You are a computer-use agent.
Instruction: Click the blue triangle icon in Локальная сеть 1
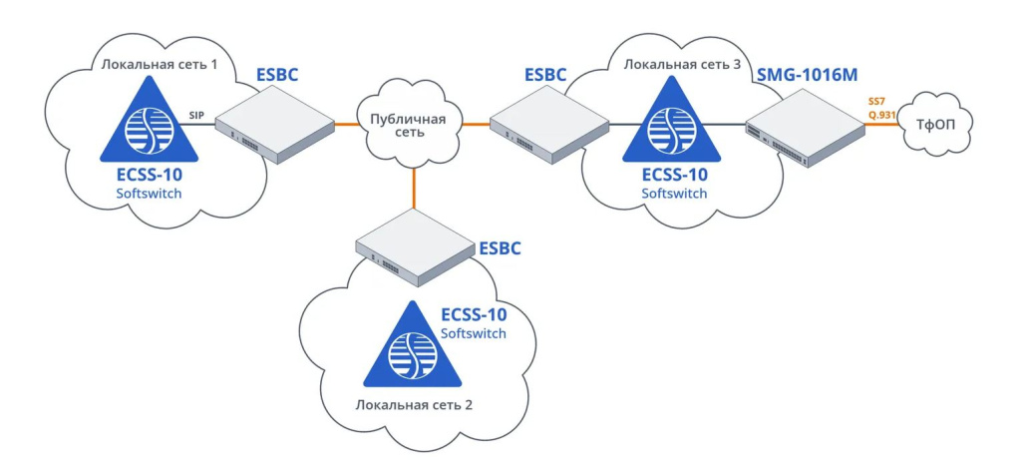point(149,124)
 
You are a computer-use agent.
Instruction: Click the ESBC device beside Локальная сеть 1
point(274,124)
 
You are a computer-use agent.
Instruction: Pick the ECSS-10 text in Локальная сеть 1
point(149,175)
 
